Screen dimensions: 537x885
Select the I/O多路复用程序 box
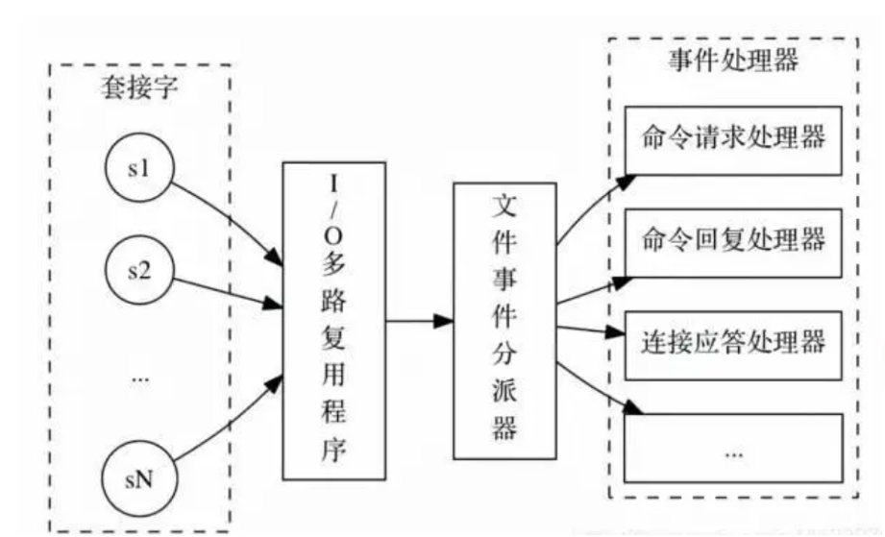click(332, 320)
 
